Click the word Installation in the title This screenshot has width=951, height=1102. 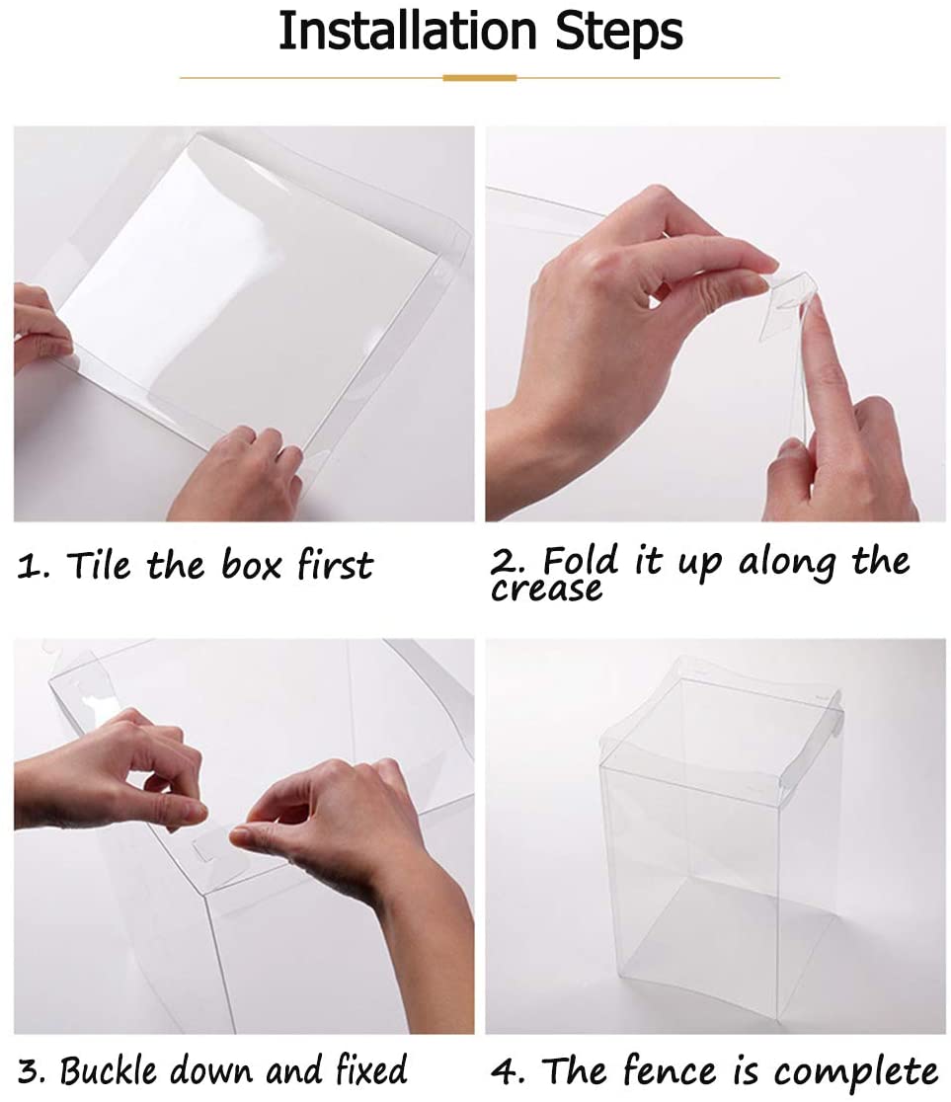coord(407,31)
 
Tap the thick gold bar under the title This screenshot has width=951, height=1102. coord(479,78)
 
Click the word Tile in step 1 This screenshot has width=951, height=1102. coord(99,565)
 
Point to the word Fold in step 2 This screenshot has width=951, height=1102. coord(581,560)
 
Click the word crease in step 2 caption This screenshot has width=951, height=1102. coord(546,589)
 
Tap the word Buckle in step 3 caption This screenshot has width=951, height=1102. coord(108,1069)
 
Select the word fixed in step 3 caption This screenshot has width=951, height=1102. coord(370,1069)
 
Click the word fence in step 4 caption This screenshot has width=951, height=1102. coord(670,1070)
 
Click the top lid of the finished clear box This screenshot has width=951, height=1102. coord(720,718)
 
